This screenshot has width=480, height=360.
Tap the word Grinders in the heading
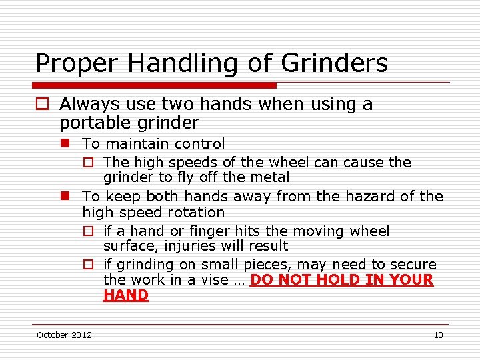pyautogui.click(x=334, y=64)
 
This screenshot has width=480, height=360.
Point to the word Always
pyautogui.click(x=89, y=104)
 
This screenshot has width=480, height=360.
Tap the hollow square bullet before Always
pyautogui.click(x=42, y=105)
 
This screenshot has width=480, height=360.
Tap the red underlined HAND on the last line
pyautogui.click(x=126, y=295)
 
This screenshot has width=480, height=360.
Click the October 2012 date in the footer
pyautogui.click(x=64, y=335)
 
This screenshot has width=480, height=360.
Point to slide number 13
pyautogui.click(x=438, y=335)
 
